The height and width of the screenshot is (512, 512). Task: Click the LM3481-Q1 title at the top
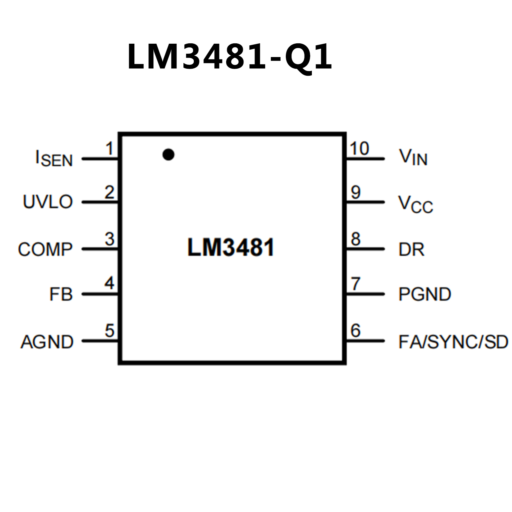click(x=229, y=57)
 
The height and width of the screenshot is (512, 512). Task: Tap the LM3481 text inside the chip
click(x=230, y=247)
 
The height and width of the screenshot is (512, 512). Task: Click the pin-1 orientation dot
click(x=168, y=154)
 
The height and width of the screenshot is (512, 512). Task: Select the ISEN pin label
click(x=54, y=159)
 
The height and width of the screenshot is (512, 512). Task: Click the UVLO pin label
click(x=48, y=202)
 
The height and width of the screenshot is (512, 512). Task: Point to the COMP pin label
click(x=45, y=249)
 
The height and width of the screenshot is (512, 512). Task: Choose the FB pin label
click(x=61, y=294)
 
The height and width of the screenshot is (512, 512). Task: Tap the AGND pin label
click(x=47, y=342)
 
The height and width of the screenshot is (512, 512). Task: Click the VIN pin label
click(x=413, y=157)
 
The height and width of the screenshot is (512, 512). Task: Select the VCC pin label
click(x=416, y=204)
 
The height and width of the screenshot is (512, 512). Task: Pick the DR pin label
click(x=412, y=249)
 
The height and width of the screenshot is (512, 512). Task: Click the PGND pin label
click(x=425, y=294)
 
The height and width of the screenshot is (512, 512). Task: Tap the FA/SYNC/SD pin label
click(x=453, y=342)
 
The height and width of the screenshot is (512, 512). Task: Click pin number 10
click(x=359, y=148)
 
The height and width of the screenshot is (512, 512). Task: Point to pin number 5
click(x=109, y=331)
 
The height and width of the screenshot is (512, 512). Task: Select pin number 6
click(x=356, y=331)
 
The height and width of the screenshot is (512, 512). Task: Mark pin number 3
click(x=109, y=239)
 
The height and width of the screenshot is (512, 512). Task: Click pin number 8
click(x=356, y=239)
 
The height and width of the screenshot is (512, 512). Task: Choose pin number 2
click(x=109, y=192)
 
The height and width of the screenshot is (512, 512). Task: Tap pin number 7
click(x=356, y=284)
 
